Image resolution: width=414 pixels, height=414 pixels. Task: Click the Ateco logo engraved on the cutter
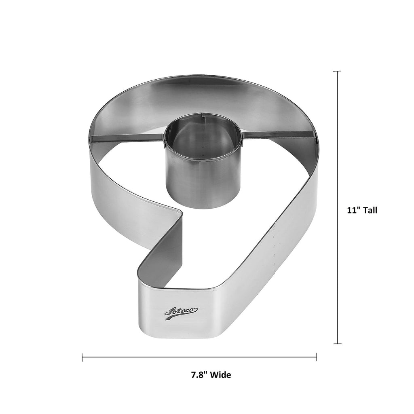click(x=181, y=311)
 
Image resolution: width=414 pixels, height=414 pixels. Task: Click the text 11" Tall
click(x=362, y=210)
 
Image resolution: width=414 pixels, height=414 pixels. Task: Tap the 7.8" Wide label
click(x=211, y=375)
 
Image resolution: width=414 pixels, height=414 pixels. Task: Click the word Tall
click(x=370, y=210)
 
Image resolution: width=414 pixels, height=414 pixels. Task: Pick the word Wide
click(x=222, y=375)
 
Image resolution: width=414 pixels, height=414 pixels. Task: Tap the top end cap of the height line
click(x=337, y=71)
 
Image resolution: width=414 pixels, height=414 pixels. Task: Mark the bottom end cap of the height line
click(x=337, y=344)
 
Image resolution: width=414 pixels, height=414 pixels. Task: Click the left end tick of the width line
click(x=82, y=357)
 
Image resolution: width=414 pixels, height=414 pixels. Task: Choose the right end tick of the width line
click(x=317, y=357)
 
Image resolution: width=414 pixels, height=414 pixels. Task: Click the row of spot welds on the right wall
click(x=275, y=247)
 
